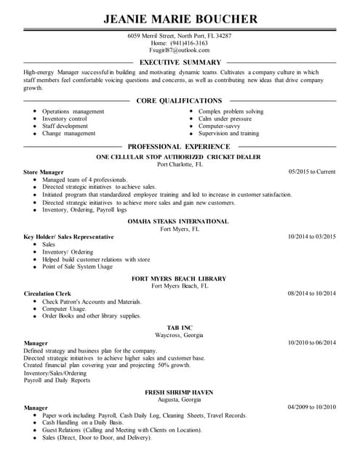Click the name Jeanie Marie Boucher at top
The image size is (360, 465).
point(180,18)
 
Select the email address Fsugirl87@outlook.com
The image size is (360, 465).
point(179,51)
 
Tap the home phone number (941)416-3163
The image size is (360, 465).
point(180,43)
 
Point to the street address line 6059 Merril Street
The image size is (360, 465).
point(180,35)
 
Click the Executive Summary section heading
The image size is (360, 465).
point(180,62)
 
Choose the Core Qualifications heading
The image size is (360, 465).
point(179,100)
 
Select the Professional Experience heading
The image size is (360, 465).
point(179,146)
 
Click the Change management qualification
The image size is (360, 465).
point(68,134)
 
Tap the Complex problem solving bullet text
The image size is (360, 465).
point(231,112)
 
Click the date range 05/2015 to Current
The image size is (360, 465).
point(312,171)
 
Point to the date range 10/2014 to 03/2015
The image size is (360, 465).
point(311,237)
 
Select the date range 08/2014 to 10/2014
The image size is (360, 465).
point(311,294)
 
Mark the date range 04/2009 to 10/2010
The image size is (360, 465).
point(311,408)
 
